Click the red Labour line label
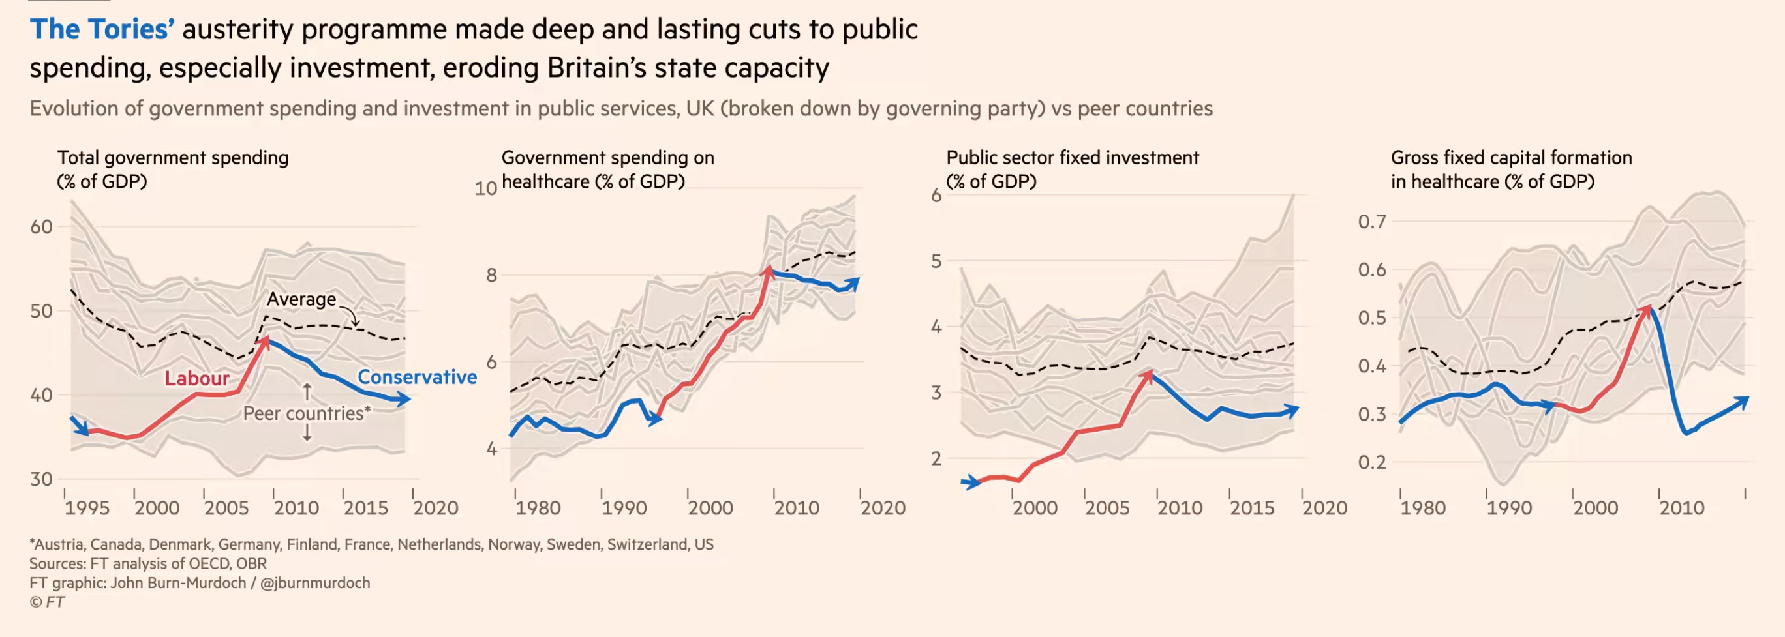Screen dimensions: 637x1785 click(x=197, y=378)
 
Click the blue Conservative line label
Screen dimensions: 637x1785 click(x=416, y=377)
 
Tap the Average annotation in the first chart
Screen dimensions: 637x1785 click(x=301, y=299)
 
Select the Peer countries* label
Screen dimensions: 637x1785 click(x=306, y=413)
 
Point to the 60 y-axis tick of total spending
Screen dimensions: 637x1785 click(x=42, y=226)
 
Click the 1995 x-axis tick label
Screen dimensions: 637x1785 click(x=87, y=508)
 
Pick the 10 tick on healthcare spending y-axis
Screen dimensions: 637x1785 click(x=486, y=188)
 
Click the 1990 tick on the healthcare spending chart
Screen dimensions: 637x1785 click(x=624, y=508)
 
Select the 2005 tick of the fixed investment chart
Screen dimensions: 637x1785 click(x=1107, y=508)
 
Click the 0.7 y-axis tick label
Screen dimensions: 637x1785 click(x=1372, y=222)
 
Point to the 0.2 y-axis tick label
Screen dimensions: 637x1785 click(x=1372, y=462)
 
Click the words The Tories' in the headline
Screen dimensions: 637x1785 click(x=102, y=30)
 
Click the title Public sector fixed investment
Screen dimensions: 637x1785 click(x=1072, y=158)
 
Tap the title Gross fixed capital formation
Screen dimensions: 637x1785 click(x=1510, y=158)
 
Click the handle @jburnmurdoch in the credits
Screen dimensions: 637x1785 click(x=315, y=583)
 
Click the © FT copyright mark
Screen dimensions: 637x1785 click(x=47, y=602)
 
